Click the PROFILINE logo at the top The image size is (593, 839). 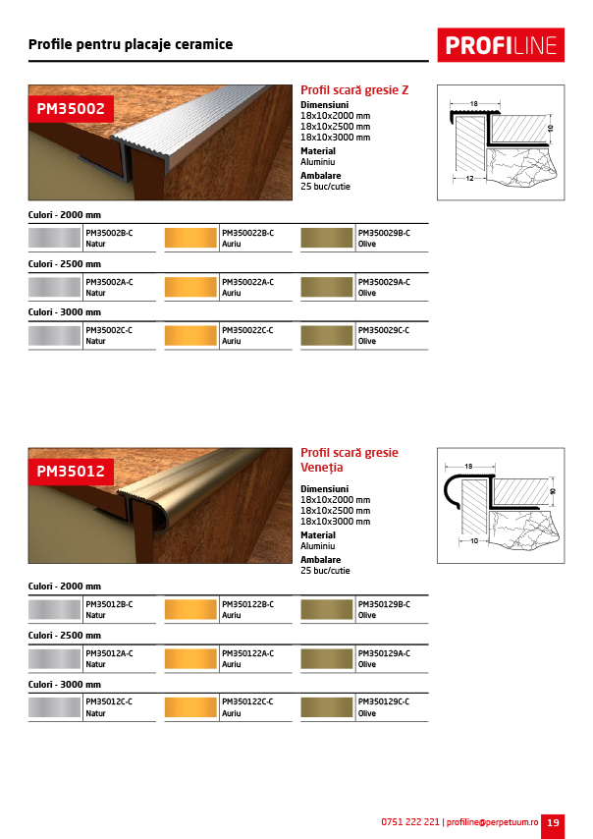501,44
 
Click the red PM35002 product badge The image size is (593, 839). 71,108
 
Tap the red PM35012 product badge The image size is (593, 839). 71,471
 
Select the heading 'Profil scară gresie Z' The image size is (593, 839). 354,90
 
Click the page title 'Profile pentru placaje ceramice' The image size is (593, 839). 131,44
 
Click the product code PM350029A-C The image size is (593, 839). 384,282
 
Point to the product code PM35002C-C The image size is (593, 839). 109,330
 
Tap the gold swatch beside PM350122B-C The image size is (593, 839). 190,609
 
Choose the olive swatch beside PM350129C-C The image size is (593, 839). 327,707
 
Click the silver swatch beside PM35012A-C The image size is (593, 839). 55,658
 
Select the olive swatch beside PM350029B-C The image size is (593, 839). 327,238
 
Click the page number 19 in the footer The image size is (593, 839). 553,822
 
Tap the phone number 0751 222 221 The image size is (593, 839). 410,822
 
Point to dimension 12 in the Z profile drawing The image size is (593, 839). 470,179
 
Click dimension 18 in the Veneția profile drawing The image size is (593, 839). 468,467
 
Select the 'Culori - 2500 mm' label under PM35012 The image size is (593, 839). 65,636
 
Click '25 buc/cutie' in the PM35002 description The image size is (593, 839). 325,186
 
